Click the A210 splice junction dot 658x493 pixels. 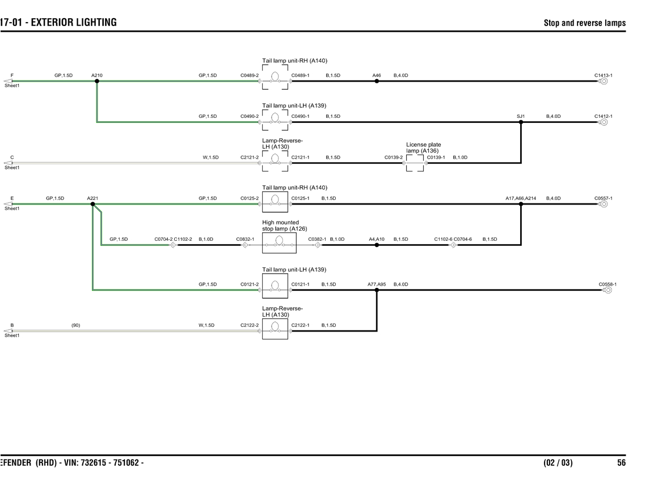click(97, 81)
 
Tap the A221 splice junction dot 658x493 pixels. click(92, 204)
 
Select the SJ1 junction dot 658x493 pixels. click(521, 122)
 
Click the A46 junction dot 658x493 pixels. click(377, 81)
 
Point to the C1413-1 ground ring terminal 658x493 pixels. click(604, 81)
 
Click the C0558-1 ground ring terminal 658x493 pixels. click(608, 290)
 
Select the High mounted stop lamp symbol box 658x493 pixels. click(279, 242)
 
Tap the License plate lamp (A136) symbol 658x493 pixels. click(415, 163)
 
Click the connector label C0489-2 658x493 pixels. click(249, 75)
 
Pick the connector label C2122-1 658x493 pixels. click(300, 325)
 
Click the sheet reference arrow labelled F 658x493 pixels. click(8, 81)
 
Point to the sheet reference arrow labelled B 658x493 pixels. click(8, 331)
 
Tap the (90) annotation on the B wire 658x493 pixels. click(75, 325)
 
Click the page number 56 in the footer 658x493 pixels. click(621, 463)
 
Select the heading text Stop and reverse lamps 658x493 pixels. click(584, 23)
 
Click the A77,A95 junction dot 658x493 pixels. click(377, 290)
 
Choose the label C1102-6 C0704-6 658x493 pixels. click(453, 239)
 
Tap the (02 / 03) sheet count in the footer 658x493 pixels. click(558, 463)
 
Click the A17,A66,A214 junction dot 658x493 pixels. click(521, 204)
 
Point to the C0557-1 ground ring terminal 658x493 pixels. click(604, 204)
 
